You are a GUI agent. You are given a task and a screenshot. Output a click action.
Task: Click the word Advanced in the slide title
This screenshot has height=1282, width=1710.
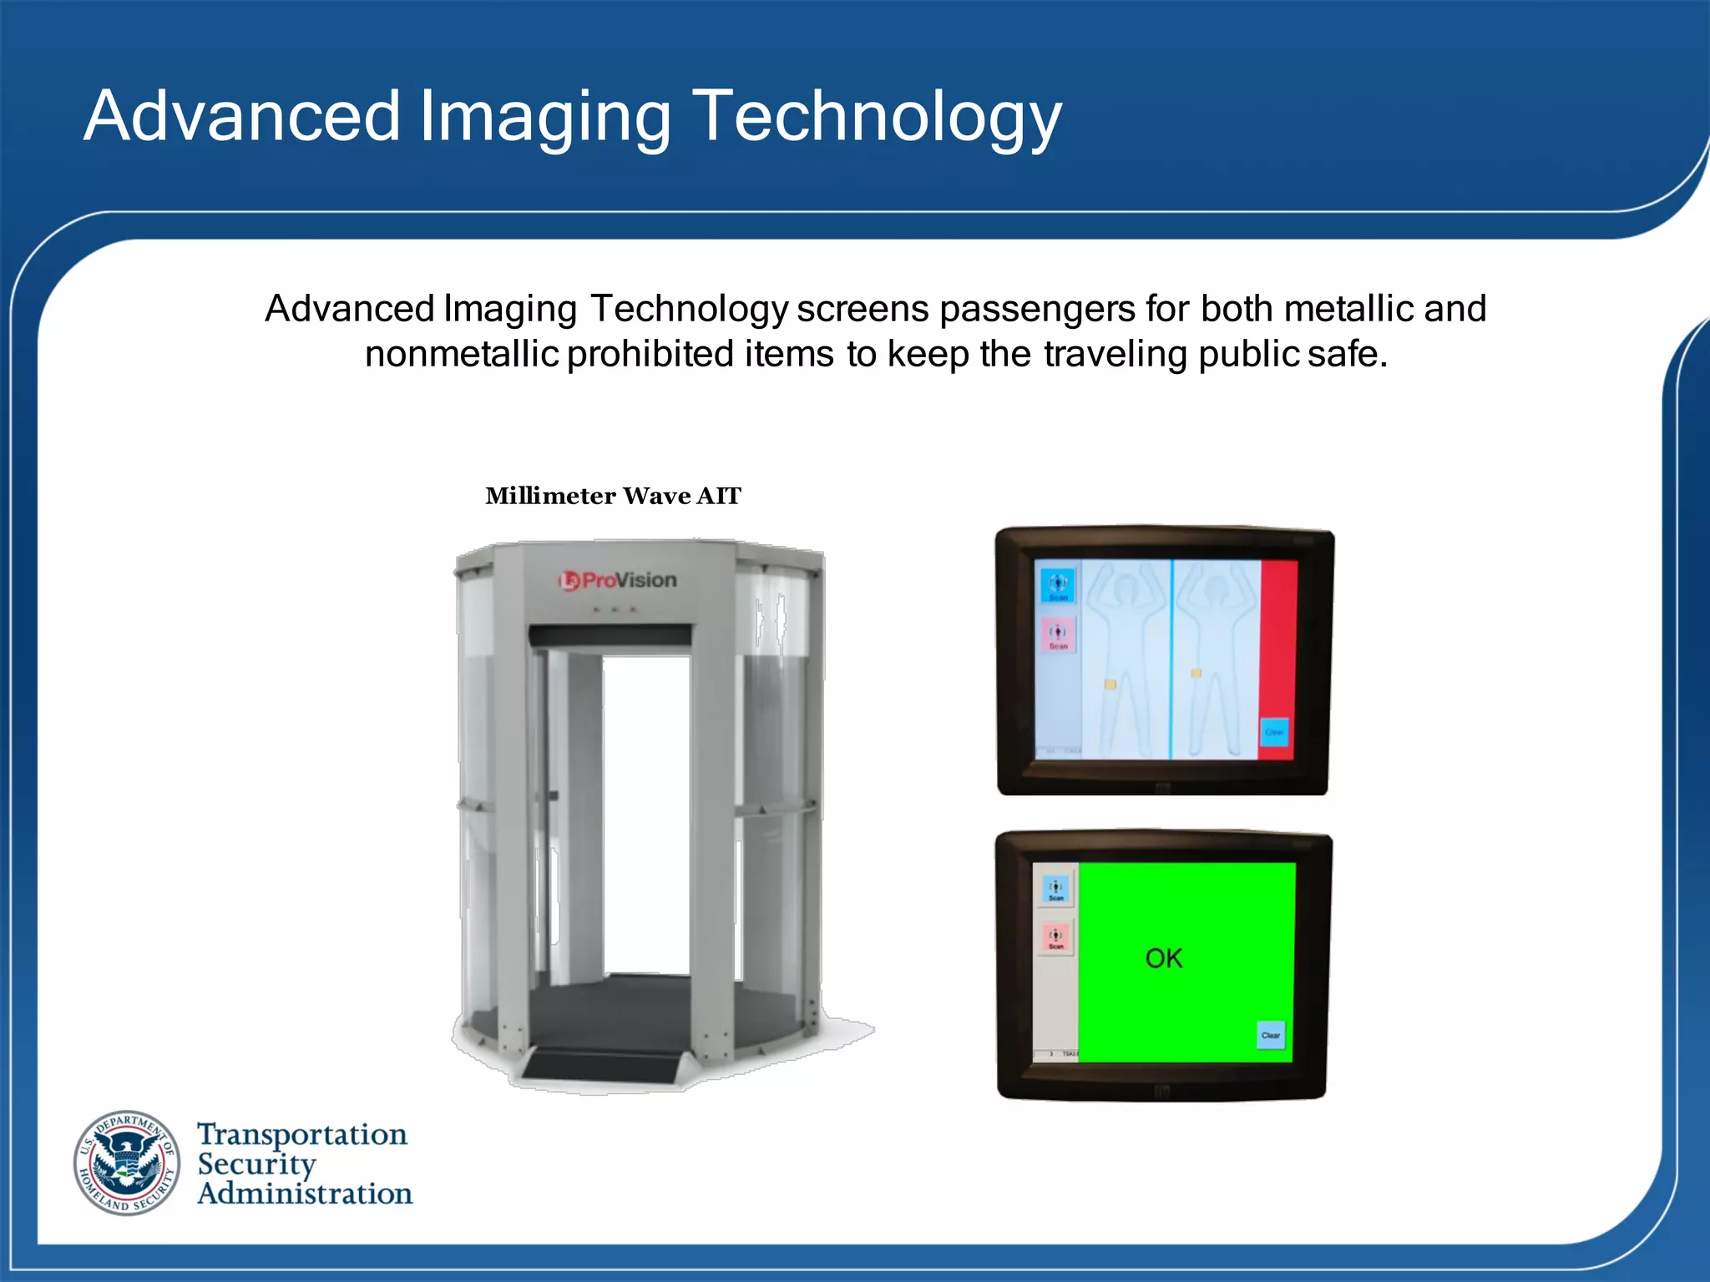tap(242, 117)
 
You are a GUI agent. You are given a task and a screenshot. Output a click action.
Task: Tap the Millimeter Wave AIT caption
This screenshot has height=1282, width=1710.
tap(613, 496)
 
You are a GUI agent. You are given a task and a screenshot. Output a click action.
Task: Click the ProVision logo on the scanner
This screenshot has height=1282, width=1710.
tap(618, 580)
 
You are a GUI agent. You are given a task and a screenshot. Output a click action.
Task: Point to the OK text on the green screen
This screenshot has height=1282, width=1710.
tap(1163, 958)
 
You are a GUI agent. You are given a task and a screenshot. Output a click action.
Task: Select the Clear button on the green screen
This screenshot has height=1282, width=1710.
tap(1271, 1035)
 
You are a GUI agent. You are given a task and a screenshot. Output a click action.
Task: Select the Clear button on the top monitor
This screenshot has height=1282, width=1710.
tap(1273, 732)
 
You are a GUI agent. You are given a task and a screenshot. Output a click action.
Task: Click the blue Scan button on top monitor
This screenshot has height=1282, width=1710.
tap(1058, 586)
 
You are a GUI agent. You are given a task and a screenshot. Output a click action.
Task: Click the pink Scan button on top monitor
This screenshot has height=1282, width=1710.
tap(1058, 635)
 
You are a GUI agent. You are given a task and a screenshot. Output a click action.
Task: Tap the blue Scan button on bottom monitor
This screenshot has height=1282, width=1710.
tap(1056, 890)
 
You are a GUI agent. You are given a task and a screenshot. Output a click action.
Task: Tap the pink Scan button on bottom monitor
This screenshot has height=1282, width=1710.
tap(1056, 938)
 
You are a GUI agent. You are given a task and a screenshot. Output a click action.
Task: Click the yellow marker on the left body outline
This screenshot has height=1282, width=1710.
tap(1110, 684)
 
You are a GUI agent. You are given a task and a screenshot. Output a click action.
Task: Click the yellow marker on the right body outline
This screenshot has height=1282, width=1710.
tap(1196, 673)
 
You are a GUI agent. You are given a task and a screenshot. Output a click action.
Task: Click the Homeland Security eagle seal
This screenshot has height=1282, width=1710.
tap(127, 1163)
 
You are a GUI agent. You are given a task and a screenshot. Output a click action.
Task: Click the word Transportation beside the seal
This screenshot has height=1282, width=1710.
tap(302, 1135)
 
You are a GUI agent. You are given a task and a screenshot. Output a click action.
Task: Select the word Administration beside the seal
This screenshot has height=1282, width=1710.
tap(305, 1194)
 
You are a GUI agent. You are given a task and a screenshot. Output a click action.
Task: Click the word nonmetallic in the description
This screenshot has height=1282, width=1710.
tap(461, 354)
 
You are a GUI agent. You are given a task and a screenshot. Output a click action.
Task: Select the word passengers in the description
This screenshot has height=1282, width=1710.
tap(1037, 309)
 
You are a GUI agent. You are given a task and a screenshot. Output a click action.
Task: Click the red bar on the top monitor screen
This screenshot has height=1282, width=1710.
tap(1277, 634)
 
